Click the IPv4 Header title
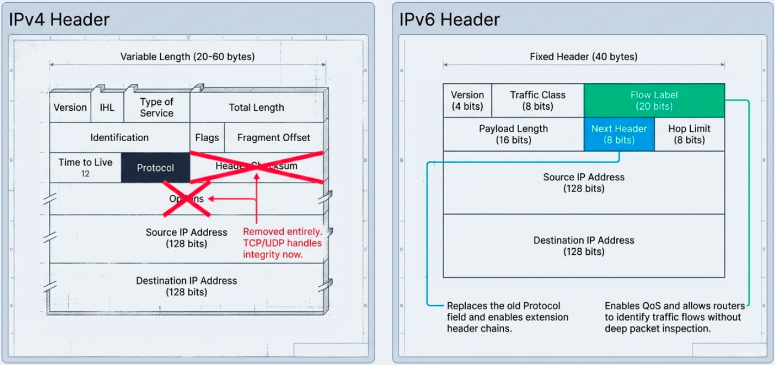pyautogui.click(x=59, y=20)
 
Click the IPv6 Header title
pyautogui.click(x=449, y=20)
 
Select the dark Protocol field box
pyautogui.click(x=155, y=168)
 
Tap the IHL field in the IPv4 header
pyautogui.click(x=107, y=107)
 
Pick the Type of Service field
pyautogui.click(x=157, y=107)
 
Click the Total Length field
pyautogui.click(x=256, y=107)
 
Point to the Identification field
pyautogui.click(x=119, y=137)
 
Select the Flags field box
pyautogui.click(x=207, y=137)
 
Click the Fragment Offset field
pyautogui.click(x=273, y=137)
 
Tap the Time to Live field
pyautogui.click(x=85, y=167)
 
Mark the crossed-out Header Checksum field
pyautogui.click(x=257, y=166)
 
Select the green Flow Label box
pyautogui.click(x=654, y=100)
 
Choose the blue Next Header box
pyautogui.click(x=618, y=134)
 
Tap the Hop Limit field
pyautogui.click(x=689, y=134)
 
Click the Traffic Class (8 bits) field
pyautogui.click(x=537, y=100)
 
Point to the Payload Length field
pyautogui.click(x=513, y=134)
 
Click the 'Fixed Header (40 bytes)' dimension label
pyautogui.click(x=583, y=56)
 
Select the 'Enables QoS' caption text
pyautogui.click(x=673, y=317)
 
